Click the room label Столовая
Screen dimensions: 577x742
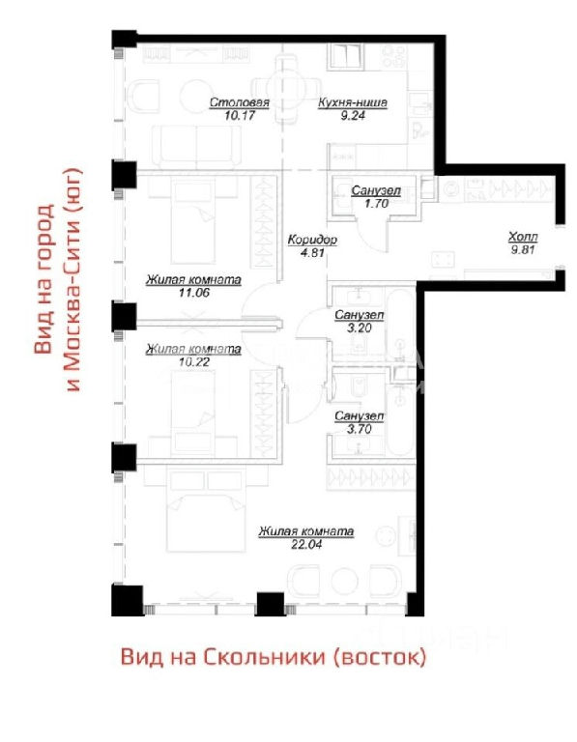[239, 102]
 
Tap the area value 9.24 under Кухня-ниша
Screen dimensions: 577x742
[353, 115]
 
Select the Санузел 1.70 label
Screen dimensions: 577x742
[376, 197]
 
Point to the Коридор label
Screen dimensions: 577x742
[312, 240]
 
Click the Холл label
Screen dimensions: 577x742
[523, 237]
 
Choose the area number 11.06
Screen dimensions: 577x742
[193, 293]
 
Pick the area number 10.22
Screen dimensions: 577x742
[193, 362]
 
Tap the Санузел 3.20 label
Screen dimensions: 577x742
[360, 321]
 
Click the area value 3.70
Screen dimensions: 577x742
[360, 429]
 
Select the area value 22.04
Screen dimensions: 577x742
[306, 544]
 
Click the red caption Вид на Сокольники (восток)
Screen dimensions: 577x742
[274, 657]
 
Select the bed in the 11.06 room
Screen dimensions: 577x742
[192, 221]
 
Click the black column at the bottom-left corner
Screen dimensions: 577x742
[127, 600]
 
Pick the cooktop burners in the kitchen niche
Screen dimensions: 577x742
[394, 56]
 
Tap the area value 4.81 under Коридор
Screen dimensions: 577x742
[312, 252]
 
